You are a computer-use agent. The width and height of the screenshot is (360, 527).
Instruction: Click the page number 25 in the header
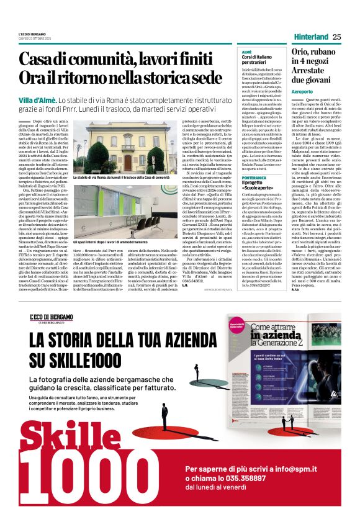click(x=337, y=37)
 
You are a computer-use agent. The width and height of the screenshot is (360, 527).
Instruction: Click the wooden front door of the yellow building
click(x=128, y=163)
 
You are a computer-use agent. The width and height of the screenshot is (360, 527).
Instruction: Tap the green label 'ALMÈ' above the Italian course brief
click(x=246, y=52)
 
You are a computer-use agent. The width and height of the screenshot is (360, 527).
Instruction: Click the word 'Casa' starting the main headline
click(x=38, y=60)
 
